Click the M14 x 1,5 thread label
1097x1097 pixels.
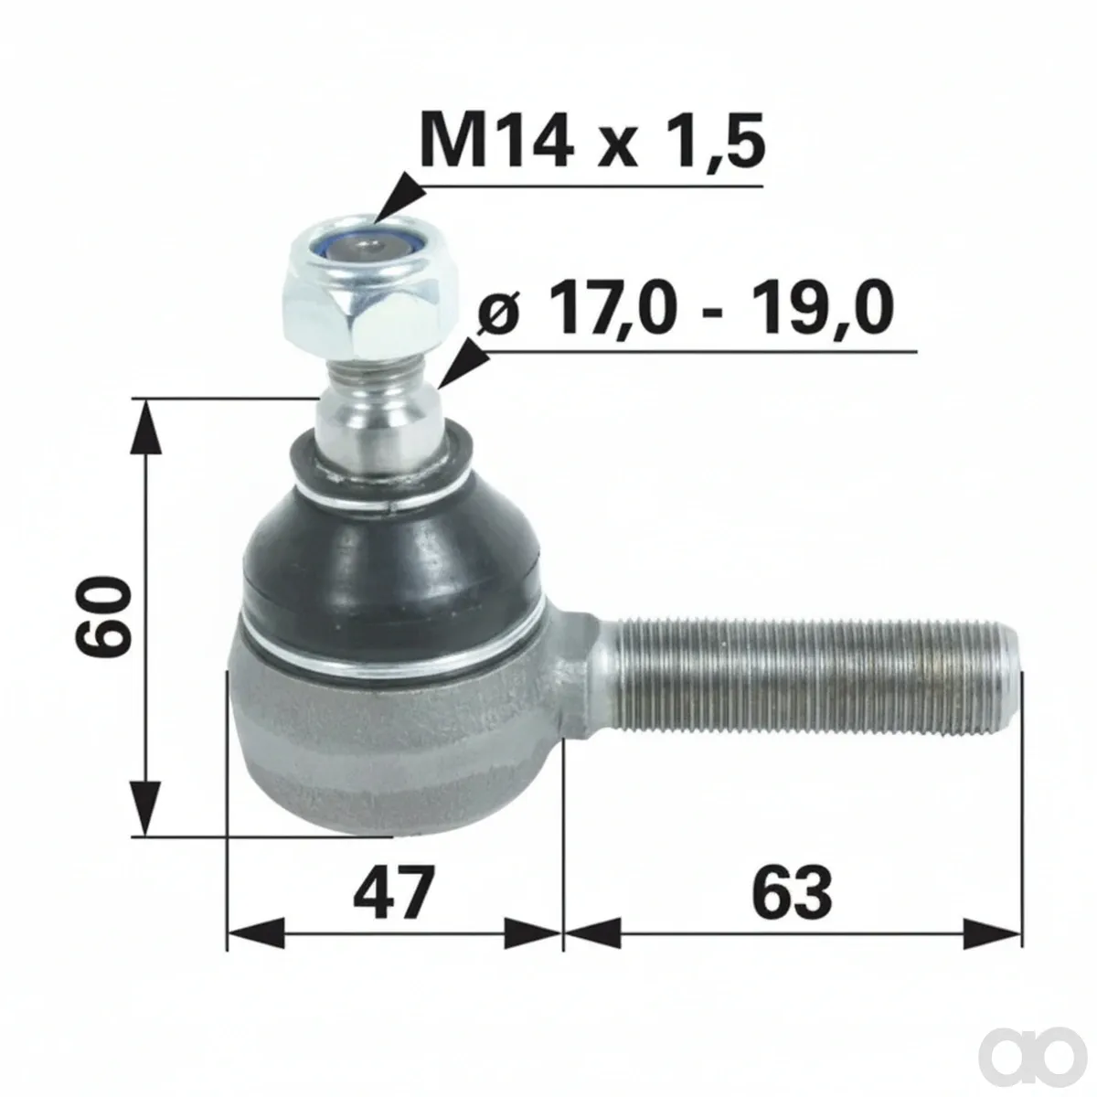tap(592, 140)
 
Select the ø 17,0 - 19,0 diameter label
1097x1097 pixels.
tap(686, 309)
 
